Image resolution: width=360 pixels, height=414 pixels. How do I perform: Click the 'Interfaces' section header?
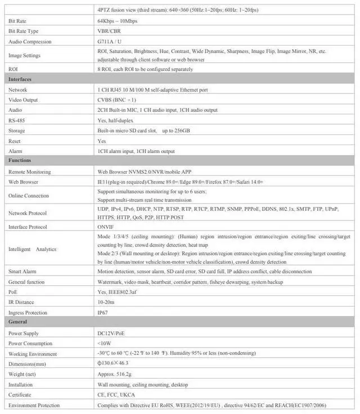tap(20, 79)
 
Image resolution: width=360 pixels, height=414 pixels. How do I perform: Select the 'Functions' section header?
tap(20, 161)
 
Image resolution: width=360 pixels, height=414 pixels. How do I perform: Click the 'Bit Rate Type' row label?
tap(24, 31)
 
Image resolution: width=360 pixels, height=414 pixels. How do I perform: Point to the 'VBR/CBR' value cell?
tap(109, 31)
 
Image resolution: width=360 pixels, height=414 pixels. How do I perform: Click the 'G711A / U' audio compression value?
tap(109, 41)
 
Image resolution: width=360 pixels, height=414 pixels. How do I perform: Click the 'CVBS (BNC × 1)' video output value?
tap(117, 100)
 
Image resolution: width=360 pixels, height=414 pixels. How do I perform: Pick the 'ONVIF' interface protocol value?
tap(105, 227)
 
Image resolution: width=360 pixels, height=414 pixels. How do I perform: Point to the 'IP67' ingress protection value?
tap(102, 312)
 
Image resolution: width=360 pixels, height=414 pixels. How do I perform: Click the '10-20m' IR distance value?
tap(105, 302)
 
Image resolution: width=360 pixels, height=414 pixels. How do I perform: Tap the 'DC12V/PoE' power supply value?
tap(110, 333)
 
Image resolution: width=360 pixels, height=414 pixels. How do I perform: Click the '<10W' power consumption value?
tap(104, 343)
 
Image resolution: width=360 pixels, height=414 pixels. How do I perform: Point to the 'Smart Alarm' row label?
tap(22, 272)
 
